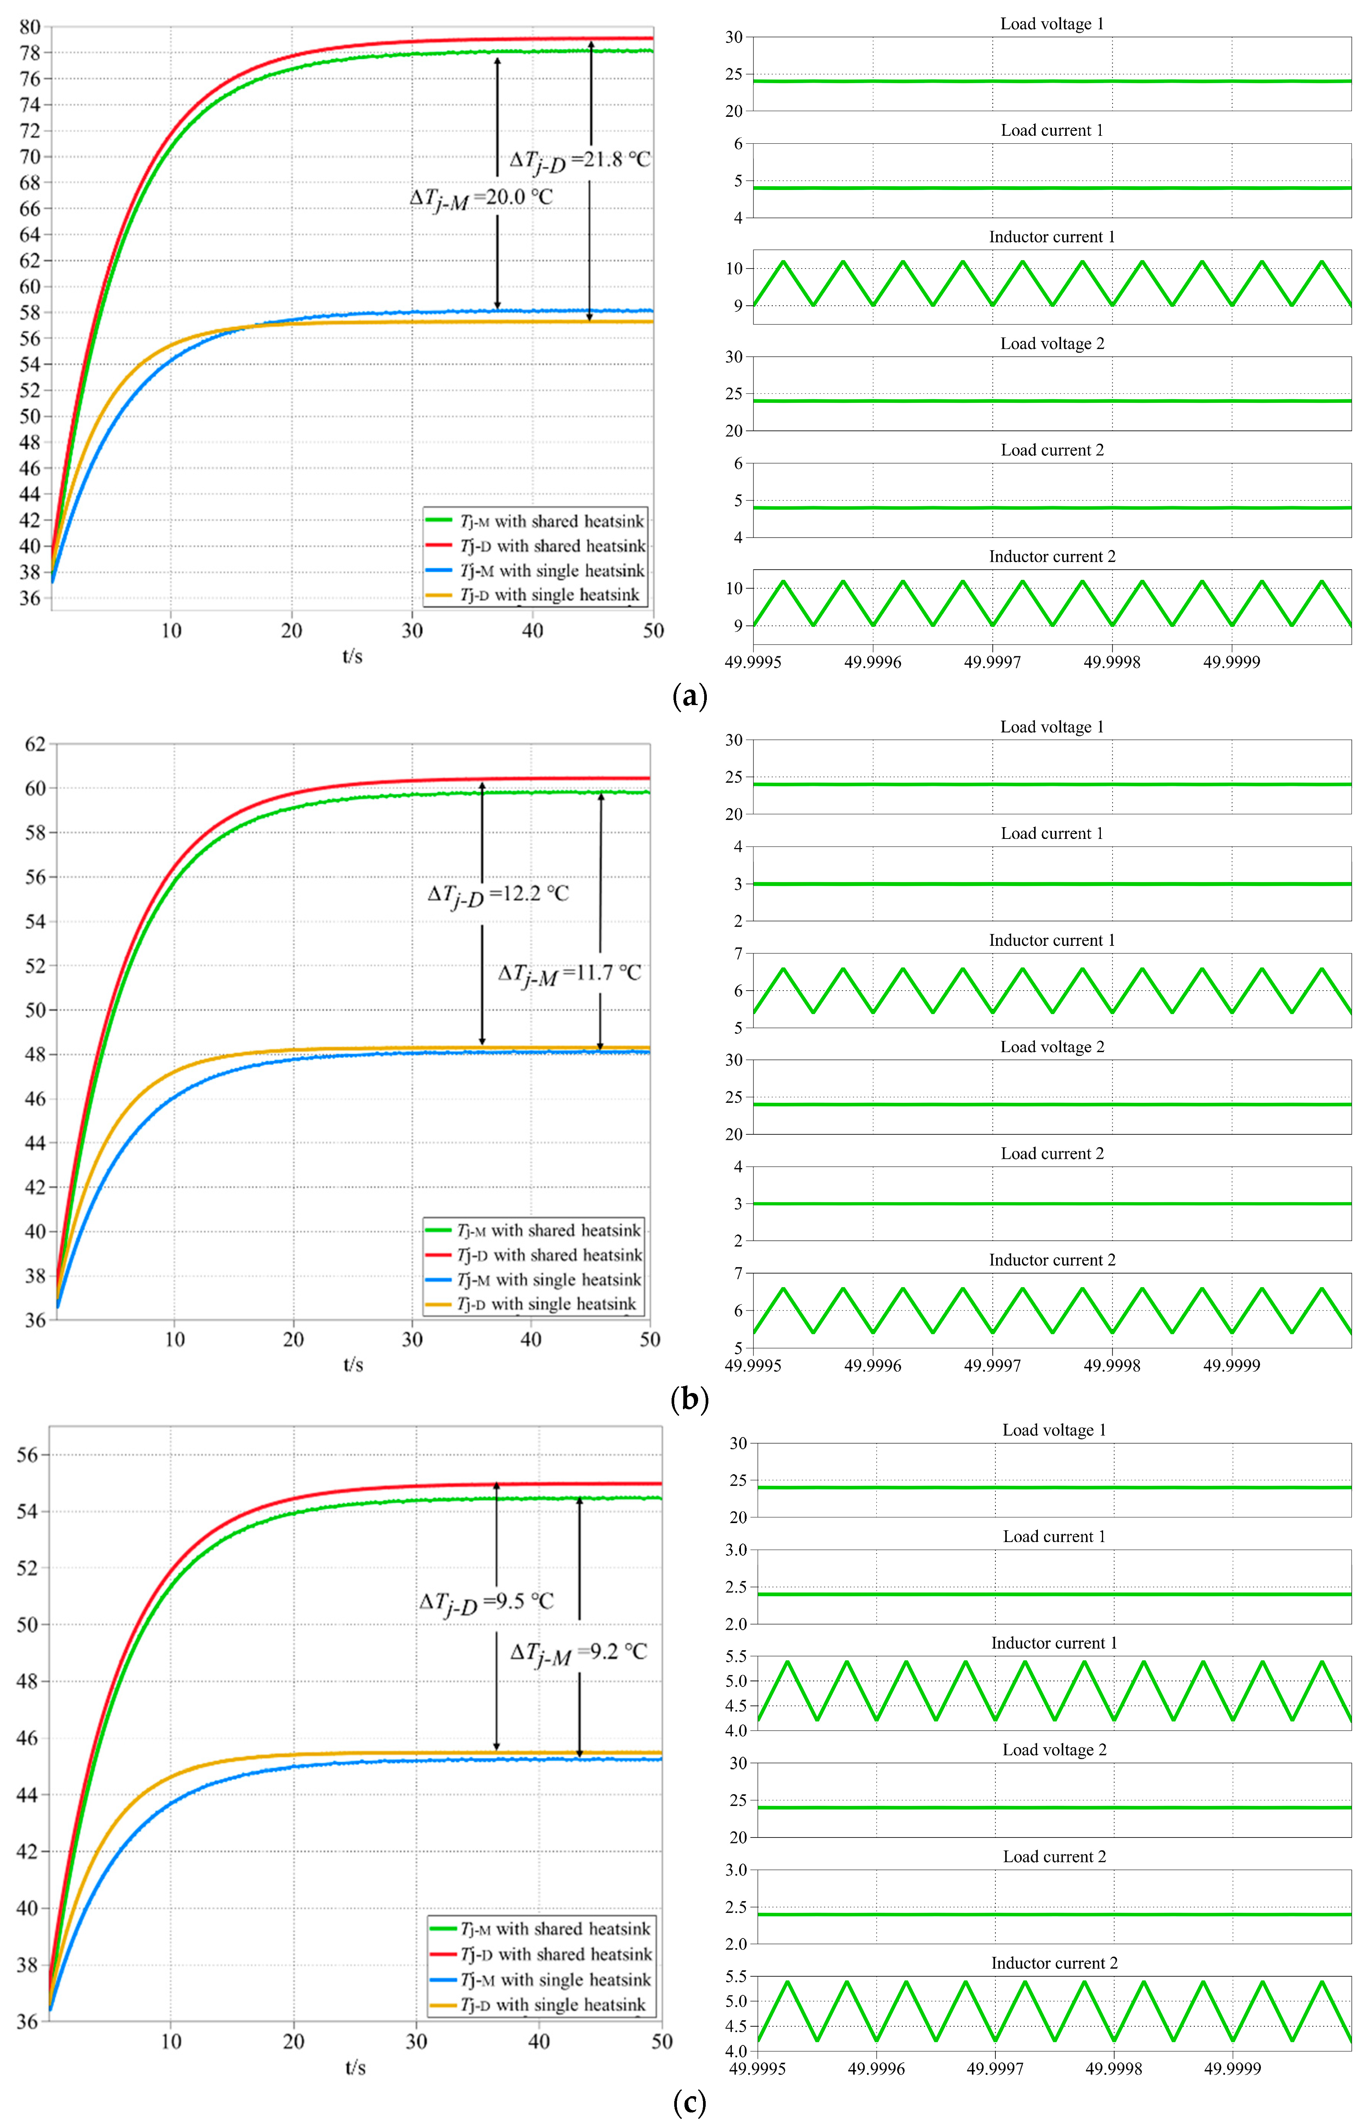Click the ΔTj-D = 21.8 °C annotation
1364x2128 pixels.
(x=580, y=160)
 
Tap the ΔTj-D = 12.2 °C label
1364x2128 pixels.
(x=498, y=894)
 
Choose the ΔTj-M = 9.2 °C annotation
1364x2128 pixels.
(x=578, y=1652)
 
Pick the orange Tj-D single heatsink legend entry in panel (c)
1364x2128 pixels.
(x=554, y=2004)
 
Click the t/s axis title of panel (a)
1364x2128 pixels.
(x=353, y=656)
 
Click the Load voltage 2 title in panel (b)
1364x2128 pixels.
(x=1052, y=1047)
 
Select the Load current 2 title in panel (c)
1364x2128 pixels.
(x=1054, y=1856)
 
